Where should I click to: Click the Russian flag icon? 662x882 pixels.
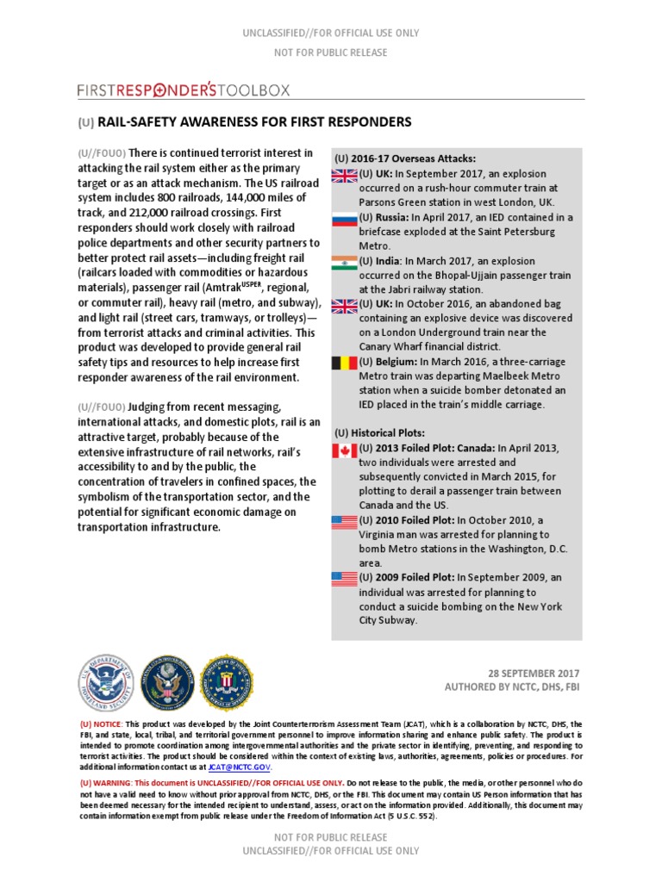tap(345, 218)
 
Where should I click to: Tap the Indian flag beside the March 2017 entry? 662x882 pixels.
tap(345, 261)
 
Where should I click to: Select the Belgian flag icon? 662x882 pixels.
tap(345, 363)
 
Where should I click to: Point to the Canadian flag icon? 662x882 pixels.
tap(345, 450)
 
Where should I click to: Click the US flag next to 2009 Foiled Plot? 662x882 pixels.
tap(345, 579)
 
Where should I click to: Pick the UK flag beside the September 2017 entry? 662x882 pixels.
tap(345, 175)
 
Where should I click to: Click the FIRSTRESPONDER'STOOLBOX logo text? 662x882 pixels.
tap(183, 90)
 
